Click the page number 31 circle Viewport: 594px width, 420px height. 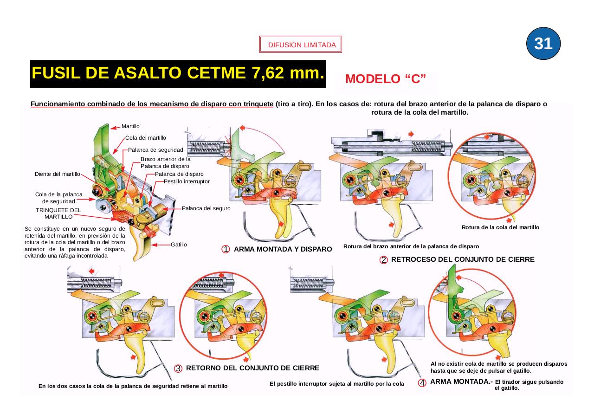pos(543,43)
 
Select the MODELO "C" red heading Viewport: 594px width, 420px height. pos(385,79)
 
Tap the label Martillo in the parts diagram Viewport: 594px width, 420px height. pos(130,126)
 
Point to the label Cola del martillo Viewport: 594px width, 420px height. pos(146,138)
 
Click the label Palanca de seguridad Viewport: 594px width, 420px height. pos(155,150)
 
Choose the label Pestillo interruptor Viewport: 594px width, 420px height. pos(187,181)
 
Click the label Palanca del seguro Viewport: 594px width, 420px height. pos(206,208)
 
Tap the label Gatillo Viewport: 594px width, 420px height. pos(179,245)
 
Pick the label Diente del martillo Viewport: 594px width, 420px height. pos(58,174)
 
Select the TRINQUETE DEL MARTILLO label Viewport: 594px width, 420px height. pos(58,213)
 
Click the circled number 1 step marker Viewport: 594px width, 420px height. pos(226,249)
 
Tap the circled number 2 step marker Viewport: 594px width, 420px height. pos(384,260)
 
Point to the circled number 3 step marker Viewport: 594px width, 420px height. pos(178,368)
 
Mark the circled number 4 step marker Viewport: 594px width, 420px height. pos(422,383)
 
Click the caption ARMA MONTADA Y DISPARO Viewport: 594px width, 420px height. pos(283,249)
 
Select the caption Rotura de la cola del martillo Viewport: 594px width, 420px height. pos(500,227)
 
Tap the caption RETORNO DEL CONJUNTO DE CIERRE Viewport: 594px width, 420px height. pos(252,368)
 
